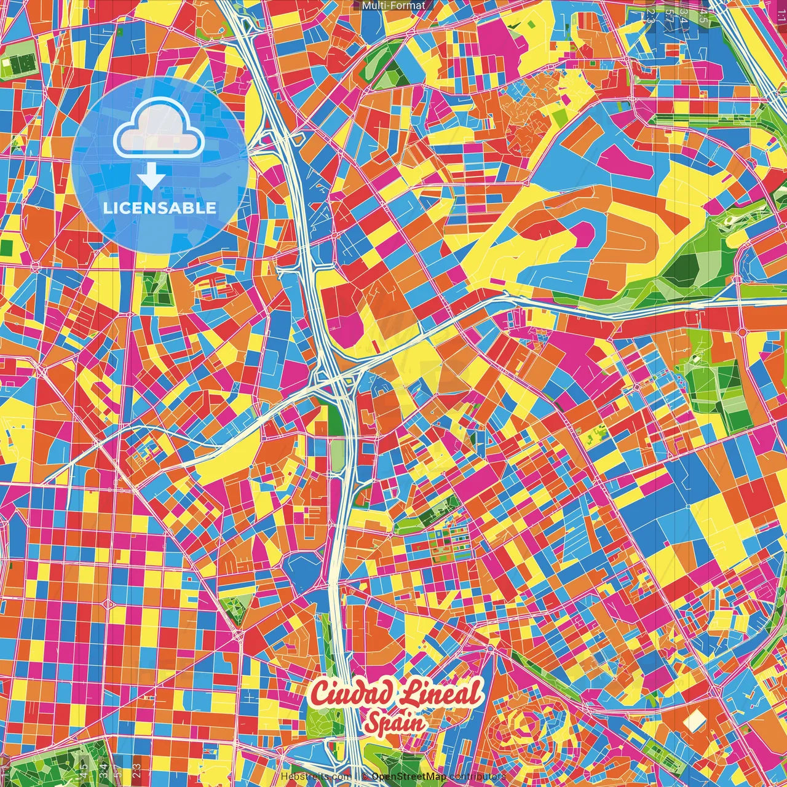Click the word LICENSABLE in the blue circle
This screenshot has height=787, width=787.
click(x=160, y=207)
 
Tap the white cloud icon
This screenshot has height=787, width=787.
click(x=159, y=129)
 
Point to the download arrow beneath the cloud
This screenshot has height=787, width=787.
click(x=151, y=177)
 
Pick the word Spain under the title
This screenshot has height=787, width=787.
click(x=395, y=723)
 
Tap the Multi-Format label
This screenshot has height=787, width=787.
click(x=393, y=6)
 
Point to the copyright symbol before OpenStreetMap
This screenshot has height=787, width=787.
click(x=365, y=777)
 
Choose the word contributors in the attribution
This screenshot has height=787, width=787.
click(x=478, y=777)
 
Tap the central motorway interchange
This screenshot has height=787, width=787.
click(x=335, y=381)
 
